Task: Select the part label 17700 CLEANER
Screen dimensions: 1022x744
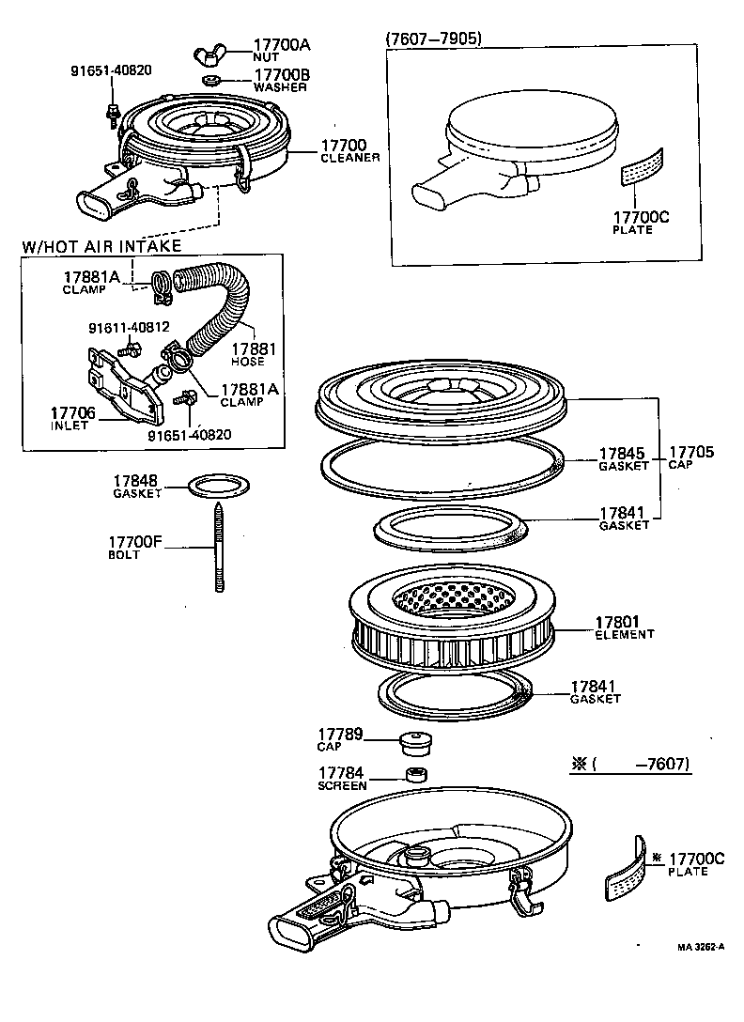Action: [x=349, y=150]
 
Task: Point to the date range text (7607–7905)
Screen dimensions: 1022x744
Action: [x=434, y=39]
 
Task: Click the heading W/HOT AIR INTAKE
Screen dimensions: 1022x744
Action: [x=101, y=246]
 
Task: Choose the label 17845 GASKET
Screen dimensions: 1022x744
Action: [x=624, y=457]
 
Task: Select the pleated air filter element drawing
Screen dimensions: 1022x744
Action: [x=450, y=621]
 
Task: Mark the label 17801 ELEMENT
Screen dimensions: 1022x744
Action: [x=624, y=627]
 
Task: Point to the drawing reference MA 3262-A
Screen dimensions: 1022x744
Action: [x=700, y=946]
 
